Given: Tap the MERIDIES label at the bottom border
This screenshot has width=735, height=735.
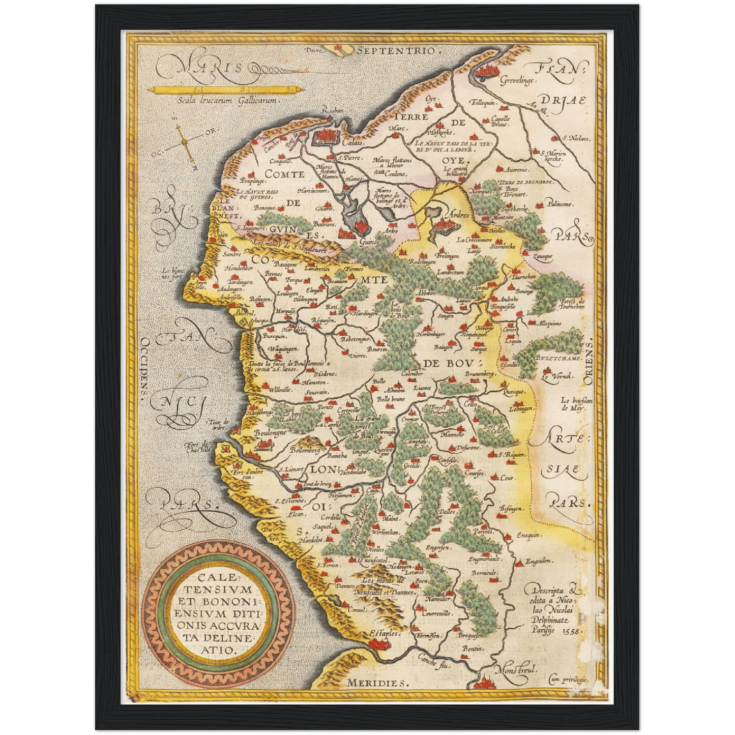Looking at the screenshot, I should tap(377, 683).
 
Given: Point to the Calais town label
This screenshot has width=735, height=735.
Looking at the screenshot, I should tap(352, 143).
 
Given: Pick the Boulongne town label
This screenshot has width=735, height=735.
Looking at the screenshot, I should tap(270, 432).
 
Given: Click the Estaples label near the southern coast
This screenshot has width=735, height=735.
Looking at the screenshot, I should tap(385, 634).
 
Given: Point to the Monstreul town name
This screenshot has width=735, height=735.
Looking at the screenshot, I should tap(516, 670).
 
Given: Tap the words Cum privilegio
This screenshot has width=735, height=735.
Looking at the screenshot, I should tap(568, 679).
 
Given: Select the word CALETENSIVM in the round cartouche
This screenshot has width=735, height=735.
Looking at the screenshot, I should tap(218, 584).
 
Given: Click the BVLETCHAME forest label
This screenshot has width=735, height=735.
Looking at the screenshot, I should tap(558, 358).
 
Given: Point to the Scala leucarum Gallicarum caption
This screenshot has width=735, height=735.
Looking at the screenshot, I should tap(227, 101).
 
